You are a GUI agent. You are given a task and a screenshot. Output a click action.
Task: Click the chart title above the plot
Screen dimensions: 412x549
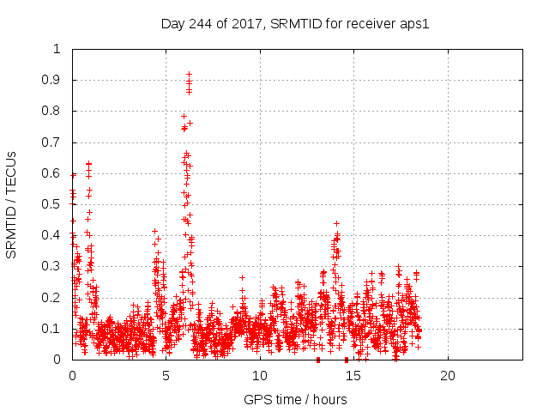294,23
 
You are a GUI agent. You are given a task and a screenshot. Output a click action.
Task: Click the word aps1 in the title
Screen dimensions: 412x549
414,23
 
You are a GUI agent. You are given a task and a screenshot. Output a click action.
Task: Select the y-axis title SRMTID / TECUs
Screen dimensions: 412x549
11,204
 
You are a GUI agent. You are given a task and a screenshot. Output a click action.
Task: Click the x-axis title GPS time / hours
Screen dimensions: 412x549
295,399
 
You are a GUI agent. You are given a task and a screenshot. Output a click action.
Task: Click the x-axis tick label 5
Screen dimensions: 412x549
166,376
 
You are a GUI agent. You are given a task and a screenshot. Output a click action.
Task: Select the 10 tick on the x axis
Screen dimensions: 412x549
260,376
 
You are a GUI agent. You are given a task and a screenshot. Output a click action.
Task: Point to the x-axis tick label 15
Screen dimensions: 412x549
353,376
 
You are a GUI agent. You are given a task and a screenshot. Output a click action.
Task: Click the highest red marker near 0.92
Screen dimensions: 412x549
189,75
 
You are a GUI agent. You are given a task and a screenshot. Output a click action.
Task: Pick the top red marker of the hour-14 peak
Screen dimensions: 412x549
336,223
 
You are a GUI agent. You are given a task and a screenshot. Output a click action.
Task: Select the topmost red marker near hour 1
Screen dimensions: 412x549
88,162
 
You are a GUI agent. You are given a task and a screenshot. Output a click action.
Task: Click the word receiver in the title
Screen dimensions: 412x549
371,23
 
